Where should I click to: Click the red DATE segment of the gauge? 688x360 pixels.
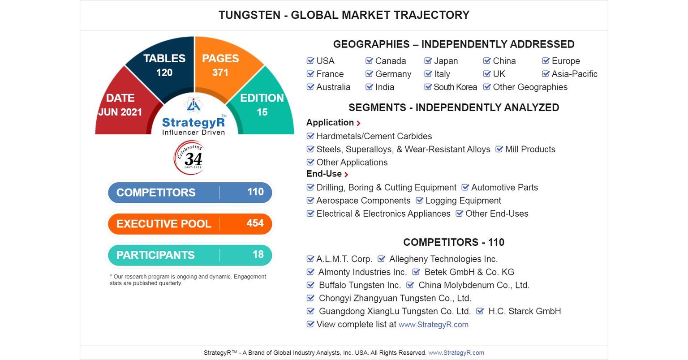tap(123, 106)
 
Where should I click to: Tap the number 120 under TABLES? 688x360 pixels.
tap(164, 73)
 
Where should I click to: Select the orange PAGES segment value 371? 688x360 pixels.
tap(220, 73)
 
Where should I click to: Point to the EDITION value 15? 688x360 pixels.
tap(262, 112)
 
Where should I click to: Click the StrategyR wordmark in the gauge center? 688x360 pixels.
tap(193, 122)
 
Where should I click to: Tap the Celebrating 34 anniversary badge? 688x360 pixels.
tap(190, 158)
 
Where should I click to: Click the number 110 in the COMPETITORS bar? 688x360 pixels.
tap(256, 192)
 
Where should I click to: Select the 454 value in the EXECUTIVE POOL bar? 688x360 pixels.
tap(255, 223)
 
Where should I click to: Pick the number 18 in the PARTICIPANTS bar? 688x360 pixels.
tap(258, 255)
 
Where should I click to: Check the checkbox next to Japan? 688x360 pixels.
tap(428, 60)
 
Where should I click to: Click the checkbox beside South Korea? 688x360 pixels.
tap(428, 86)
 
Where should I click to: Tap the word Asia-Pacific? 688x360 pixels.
tap(574, 74)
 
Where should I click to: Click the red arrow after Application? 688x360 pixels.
tap(358, 123)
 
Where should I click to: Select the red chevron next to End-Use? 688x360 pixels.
tap(346, 175)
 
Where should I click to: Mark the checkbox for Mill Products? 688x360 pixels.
tap(499, 149)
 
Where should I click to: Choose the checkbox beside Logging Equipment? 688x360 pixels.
tap(419, 200)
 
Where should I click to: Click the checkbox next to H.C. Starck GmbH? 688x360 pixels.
tap(480, 311)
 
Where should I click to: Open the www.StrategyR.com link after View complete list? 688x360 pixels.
tap(434, 325)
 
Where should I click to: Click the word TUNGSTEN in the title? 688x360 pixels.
tap(249, 15)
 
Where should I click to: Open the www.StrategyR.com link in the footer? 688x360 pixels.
tap(456, 353)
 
